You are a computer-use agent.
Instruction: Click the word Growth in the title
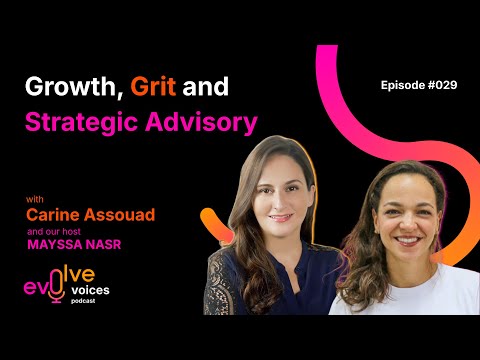tap(64, 86)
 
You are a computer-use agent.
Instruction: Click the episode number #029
tap(440, 85)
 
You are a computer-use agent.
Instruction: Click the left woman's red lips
tap(281, 217)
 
